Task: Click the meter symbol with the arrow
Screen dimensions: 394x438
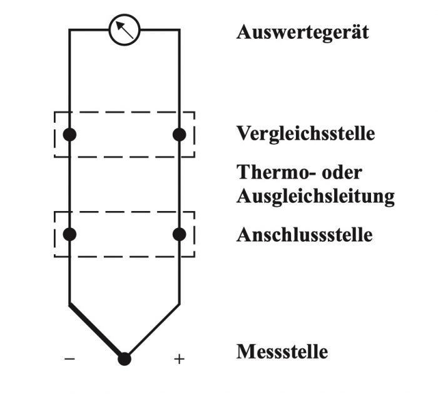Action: pos(125,30)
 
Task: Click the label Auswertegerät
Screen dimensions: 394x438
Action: pos(302,31)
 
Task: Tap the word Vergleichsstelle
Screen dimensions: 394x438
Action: pos(305,133)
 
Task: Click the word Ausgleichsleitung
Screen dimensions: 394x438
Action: pos(315,196)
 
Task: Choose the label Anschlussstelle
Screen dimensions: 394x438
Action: pos(304,235)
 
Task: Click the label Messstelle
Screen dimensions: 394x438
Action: pos(282,351)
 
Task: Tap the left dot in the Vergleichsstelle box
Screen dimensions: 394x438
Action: pos(69,134)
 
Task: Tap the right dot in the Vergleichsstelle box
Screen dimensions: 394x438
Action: pos(180,134)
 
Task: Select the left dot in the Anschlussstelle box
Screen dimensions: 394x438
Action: pos(69,234)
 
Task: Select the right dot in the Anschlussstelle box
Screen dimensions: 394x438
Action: pos(180,234)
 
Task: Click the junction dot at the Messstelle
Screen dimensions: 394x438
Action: pos(125,359)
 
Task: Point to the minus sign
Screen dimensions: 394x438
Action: pos(70,359)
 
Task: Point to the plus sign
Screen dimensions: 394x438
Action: pos(180,359)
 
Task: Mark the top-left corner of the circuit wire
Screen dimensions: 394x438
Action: pos(69,29)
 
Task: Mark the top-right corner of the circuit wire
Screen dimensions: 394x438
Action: pos(180,29)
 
